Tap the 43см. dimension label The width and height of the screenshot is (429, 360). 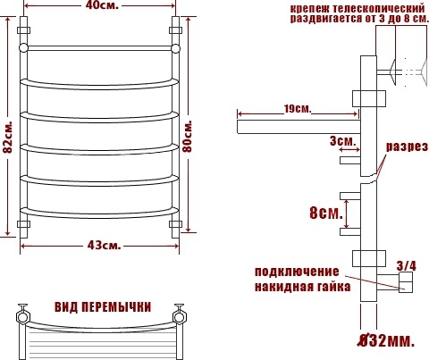(104, 246)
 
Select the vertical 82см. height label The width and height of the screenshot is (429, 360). (9, 137)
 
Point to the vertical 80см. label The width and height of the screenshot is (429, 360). (188, 137)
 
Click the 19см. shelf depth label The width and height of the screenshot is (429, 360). (298, 109)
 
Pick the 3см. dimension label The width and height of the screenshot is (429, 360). (342, 140)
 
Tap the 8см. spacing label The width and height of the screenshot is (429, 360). (326, 213)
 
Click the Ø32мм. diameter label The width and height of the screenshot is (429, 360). (386, 340)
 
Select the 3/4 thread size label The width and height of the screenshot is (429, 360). (407, 265)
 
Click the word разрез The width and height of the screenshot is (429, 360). (407, 147)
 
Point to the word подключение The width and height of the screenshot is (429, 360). (297, 272)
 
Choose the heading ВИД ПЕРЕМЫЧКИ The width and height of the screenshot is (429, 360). (103, 307)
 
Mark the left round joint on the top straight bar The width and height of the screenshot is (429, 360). (23, 48)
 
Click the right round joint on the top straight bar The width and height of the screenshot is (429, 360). (176, 48)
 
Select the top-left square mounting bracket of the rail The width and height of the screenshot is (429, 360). (23, 30)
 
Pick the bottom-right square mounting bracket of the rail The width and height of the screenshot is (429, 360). (175, 224)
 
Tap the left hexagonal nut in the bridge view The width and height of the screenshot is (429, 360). (23, 317)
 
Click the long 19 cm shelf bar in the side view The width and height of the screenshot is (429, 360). (299, 127)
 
